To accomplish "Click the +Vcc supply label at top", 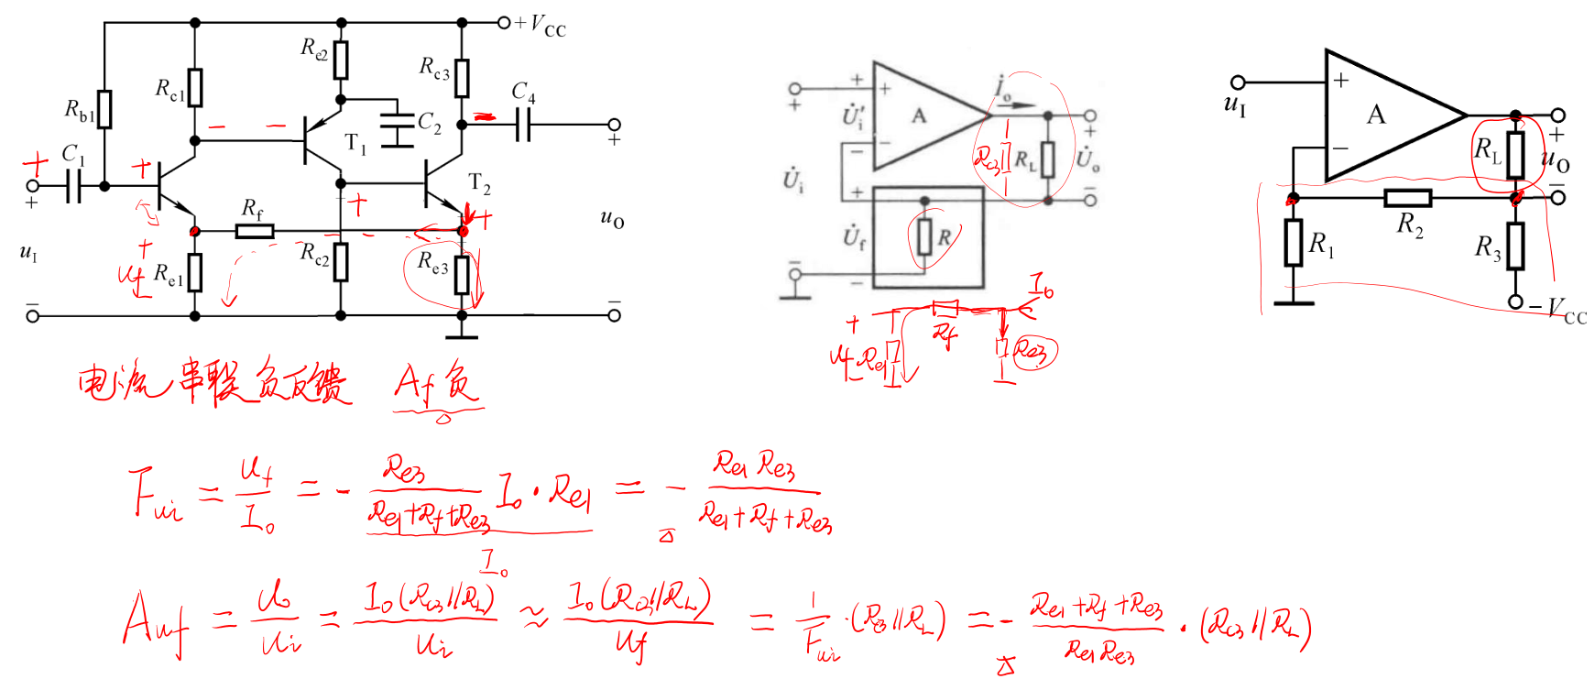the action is tap(541, 25).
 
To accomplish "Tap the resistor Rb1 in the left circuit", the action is tap(104, 109).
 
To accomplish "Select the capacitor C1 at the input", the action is tap(73, 186).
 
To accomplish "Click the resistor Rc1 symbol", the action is tap(195, 88).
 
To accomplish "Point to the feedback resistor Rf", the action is tap(255, 231).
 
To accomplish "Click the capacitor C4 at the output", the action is tap(523, 124).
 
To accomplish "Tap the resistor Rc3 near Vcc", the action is tap(462, 77).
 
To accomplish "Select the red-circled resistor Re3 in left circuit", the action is tap(463, 275).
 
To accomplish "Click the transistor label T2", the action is tap(479, 183).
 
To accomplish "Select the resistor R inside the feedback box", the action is tap(924, 237).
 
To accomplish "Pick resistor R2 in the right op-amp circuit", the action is tap(1407, 198).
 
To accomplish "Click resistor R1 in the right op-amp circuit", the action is tap(1294, 243).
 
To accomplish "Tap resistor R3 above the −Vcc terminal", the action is tap(1516, 245).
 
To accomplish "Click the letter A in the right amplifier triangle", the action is tap(1375, 115).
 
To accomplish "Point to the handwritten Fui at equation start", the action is tap(154, 496).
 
